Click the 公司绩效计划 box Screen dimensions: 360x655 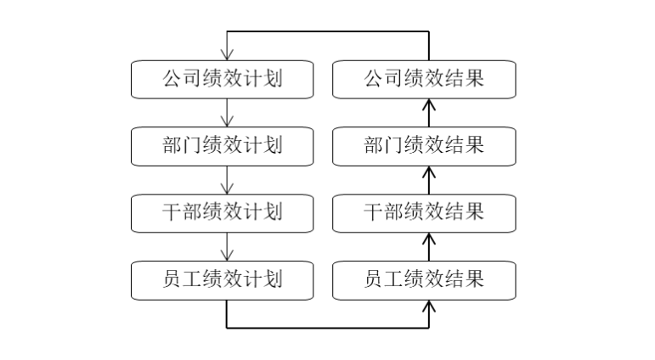pyautogui.click(x=222, y=79)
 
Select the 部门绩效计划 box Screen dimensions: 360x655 pyautogui.click(x=222, y=145)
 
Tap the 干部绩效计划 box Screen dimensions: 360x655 pyautogui.click(x=222, y=212)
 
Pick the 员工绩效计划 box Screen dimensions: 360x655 pyautogui.click(x=222, y=279)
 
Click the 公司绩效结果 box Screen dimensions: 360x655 pyautogui.click(x=424, y=79)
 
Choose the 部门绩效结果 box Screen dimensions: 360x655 pyautogui.click(x=424, y=145)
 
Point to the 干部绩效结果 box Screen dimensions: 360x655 pyautogui.click(x=424, y=212)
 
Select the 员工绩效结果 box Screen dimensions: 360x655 pyautogui.click(x=424, y=279)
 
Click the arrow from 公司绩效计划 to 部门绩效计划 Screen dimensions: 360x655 pyautogui.click(x=227, y=112)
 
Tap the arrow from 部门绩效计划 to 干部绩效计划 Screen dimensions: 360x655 pyautogui.click(x=227, y=179)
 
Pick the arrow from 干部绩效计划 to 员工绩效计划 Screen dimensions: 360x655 pyautogui.click(x=227, y=246)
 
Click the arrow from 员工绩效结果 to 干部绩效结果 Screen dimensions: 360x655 pyautogui.click(x=428, y=246)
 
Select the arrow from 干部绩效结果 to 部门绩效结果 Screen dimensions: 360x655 pyautogui.click(x=428, y=179)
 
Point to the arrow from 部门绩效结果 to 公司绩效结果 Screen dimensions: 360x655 pyautogui.click(x=428, y=112)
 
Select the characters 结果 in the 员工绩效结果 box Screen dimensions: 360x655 pyautogui.click(x=465, y=279)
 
